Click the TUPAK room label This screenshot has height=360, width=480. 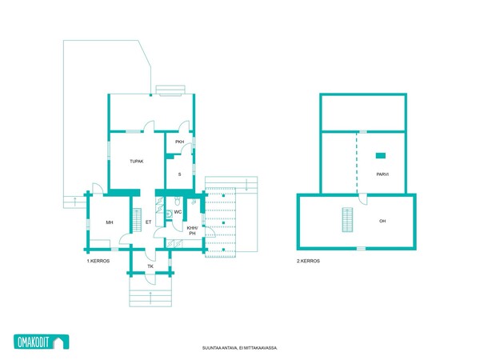[x=137, y=162]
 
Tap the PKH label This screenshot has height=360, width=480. [x=180, y=142]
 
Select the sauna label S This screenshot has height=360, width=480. [x=179, y=174]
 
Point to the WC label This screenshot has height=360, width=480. [x=178, y=212]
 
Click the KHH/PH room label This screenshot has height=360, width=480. [x=192, y=230]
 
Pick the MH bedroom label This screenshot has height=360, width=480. [x=110, y=222]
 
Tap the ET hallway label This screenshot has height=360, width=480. [x=149, y=222]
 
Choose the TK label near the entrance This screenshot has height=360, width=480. [x=150, y=266]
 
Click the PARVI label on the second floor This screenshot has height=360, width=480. [x=382, y=174]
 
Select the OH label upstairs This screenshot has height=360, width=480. [x=382, y=221]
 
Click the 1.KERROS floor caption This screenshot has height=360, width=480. [x=98, y=261]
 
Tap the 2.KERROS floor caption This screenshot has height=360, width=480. [x=308, y=261]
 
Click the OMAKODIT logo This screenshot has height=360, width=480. [x=42, y=342]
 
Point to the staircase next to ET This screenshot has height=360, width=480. [x=137, y=220]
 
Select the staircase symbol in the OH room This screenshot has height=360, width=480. [x=347, y=220]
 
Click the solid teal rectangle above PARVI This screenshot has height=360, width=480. [x=381, y=155]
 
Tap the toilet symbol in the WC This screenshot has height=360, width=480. [x=178, y=201]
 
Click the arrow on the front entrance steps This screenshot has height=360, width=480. [x=150, y=298]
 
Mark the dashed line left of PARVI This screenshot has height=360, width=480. [x=357, y=163]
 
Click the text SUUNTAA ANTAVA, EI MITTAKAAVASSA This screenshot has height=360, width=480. [x=240, y=348]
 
